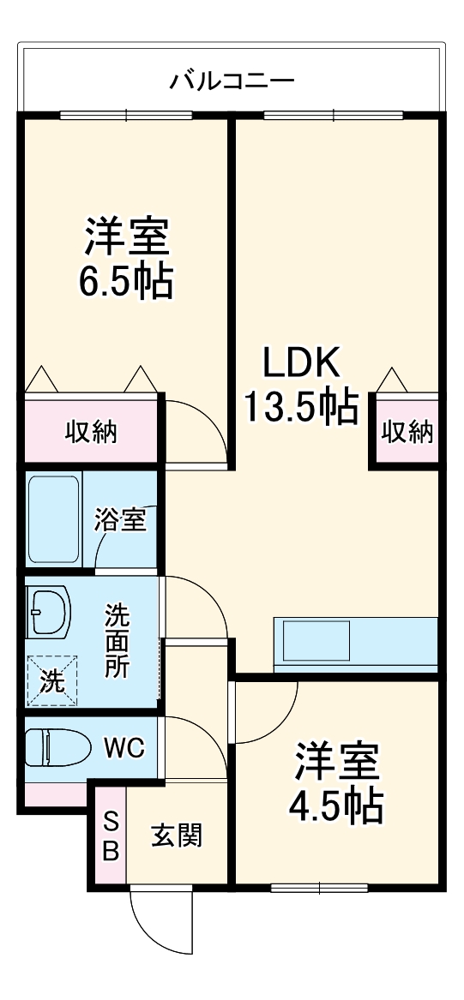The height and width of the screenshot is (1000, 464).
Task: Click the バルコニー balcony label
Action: (232, 81)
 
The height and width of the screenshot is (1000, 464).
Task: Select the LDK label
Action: (301, 364)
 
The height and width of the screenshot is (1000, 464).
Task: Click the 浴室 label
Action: (120, 519)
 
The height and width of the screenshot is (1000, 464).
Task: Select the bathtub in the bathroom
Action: (54, 519)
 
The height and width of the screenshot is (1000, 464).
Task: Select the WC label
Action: (125, 748)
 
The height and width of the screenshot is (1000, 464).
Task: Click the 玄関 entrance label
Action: (177, 835)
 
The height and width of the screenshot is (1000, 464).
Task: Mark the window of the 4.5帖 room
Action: (319, 888)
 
